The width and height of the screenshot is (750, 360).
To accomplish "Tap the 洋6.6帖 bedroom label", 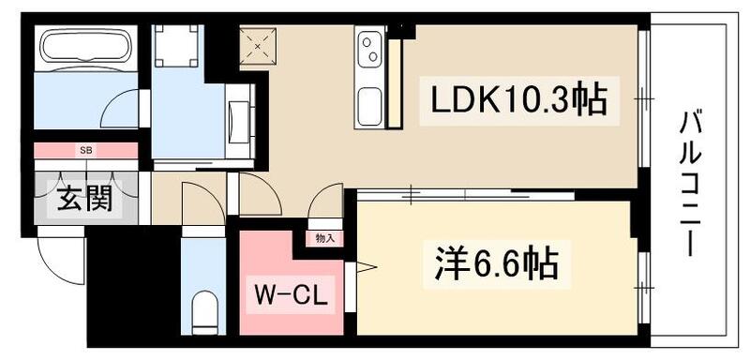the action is coord(496,265).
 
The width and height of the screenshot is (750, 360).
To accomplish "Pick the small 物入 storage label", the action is coord(324,239).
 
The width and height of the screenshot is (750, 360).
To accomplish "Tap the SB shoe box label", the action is coord(85,150).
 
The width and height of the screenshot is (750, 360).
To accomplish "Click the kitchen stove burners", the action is coord(367,46).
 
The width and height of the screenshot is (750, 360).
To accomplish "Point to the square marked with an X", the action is coord(257,45).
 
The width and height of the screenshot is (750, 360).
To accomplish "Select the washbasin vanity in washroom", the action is coord(238,119).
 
